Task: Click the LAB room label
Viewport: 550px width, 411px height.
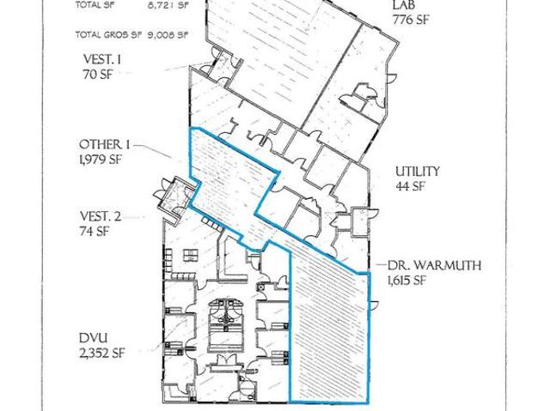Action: coord(403,5)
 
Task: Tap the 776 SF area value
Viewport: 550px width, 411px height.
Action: coord(411,20)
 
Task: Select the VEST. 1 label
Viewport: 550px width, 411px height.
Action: coord(102,59)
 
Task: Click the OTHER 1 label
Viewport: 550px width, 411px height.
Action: coord(105,144)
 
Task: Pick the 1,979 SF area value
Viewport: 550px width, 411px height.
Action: coord(101,160)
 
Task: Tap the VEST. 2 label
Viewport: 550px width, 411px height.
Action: coord(101,216)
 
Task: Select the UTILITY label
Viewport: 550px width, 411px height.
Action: coord(418,172)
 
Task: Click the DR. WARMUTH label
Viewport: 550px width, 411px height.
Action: coord(434,265)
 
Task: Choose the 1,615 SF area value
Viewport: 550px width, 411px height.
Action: coord(406,281)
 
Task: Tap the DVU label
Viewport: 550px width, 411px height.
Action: coord(94,338)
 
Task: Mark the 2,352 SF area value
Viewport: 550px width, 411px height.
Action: coord(102,353)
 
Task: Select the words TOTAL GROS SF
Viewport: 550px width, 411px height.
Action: coord(108,35)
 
